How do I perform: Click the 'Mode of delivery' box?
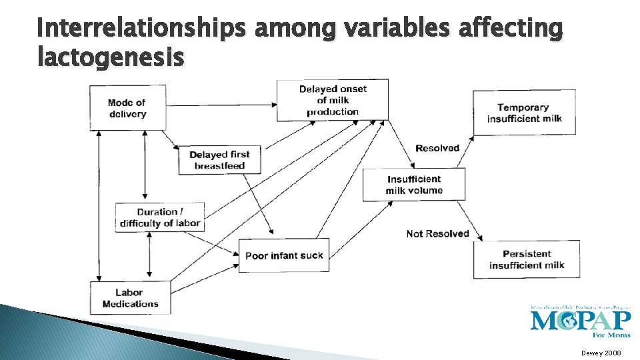pos(127,108)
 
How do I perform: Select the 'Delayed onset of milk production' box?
pos(332,100)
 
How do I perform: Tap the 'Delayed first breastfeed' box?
pos(219,160)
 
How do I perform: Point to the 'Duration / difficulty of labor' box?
pos(160,217)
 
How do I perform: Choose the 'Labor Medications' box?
pos(131,297)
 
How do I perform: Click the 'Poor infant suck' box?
pos(284,255)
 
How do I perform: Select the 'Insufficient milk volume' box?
pos(413,185)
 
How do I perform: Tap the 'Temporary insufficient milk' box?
pos(524,113)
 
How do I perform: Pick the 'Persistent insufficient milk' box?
pos(527,259)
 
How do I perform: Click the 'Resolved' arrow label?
pos(437,148)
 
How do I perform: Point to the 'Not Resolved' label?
pos(438,233)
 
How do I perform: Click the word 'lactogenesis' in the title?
pos(111,58)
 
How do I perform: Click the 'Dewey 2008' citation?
pos(601,352)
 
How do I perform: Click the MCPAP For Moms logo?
pos(580,321)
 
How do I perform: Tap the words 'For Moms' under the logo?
pos(614,335)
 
